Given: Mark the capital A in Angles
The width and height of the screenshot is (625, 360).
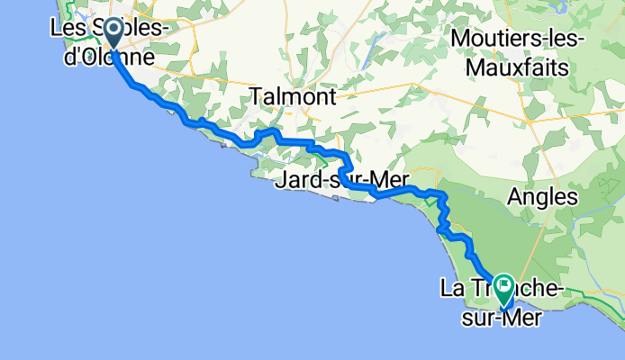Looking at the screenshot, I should pos(516,195).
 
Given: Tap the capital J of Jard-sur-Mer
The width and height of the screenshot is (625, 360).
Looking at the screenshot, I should pos(285,180).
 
